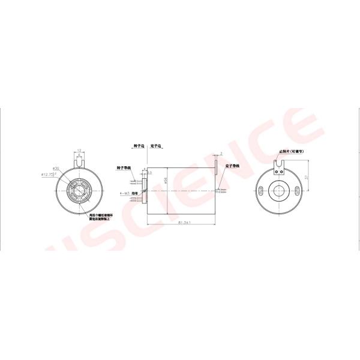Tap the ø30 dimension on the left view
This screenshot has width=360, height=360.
[x=56, y=169]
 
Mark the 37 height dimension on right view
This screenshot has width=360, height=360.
[x=308, y=177]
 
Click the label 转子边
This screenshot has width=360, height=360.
[x=139, y=145]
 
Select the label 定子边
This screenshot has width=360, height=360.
[x=157, y=145]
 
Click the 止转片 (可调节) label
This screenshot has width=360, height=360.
[x=292, y=152]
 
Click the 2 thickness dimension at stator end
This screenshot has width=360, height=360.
[x=221, y=153]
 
